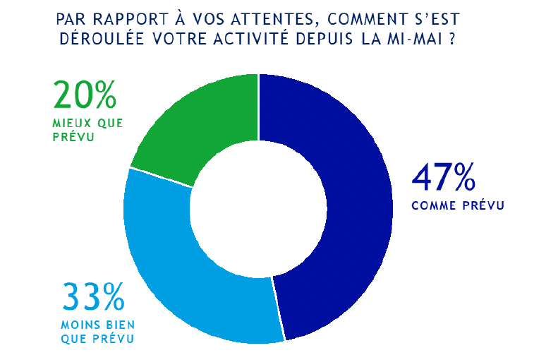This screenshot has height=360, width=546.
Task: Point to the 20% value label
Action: tap(84, 95)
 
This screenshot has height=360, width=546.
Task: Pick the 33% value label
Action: tap(94, 297)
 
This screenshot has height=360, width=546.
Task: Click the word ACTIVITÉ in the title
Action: tap(274, 38)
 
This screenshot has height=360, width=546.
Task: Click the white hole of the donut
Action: tap(258, 209)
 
